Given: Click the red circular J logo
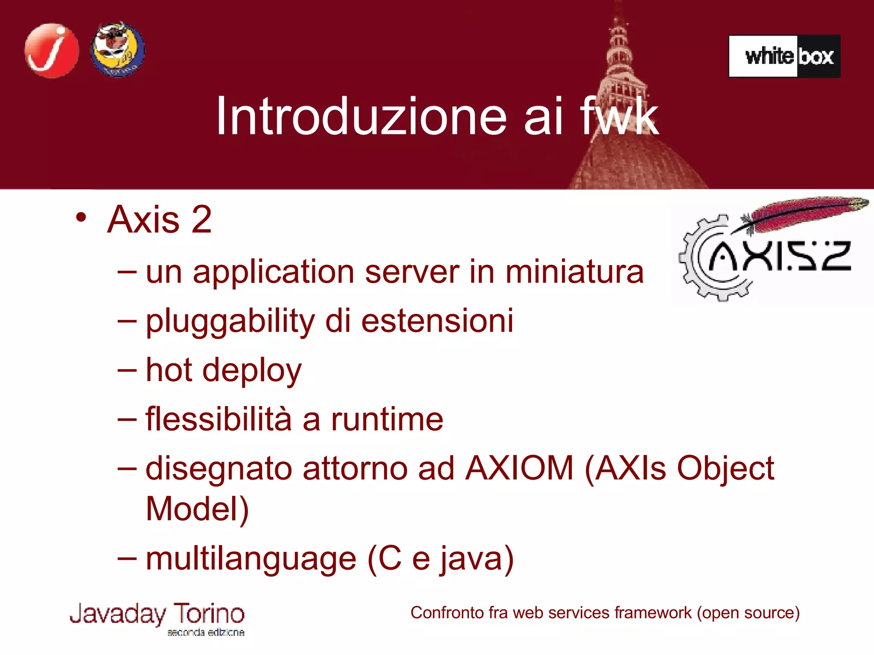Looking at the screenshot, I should pyautogui.click(x=52, y=51).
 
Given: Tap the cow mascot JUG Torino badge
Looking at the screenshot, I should pyautogui.click(x=118, y=50).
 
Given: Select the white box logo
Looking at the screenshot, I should pyautogui.click(x=784, y=56).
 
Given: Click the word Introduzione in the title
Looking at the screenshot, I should pyautogui.click(x=361, y=116).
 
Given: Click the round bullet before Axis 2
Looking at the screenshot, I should pyautogui.click(x=81, y=218).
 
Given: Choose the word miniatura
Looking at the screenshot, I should pyautogui.click(x=574, y=272).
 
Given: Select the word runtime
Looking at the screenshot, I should pyautogui.click(x=387, y=419).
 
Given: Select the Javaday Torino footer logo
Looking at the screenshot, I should pyautogui.click(x=157, y=618).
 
